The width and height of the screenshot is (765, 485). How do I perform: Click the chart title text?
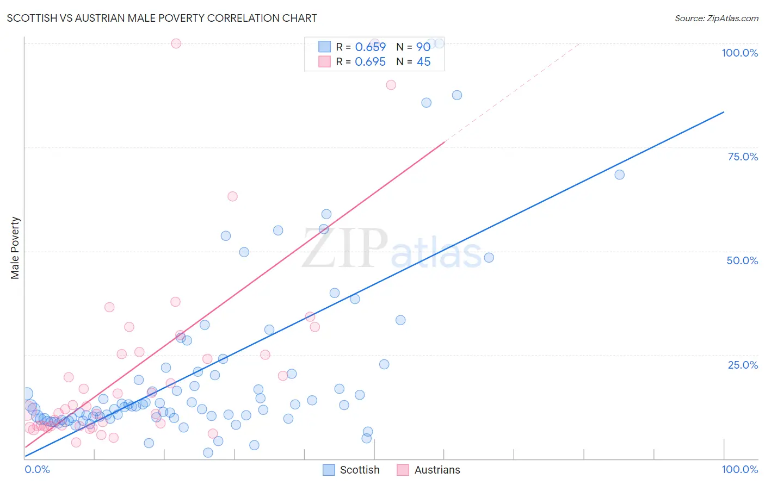[162, 18]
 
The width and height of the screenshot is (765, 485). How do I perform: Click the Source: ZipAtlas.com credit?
[716, 18]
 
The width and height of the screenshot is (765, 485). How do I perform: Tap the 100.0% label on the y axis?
[739, 53]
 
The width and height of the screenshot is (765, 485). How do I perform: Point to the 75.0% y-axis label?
[743, 157]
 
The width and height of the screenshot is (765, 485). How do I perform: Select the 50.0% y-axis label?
[742, 260]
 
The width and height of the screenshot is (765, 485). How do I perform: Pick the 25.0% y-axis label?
[743, 365]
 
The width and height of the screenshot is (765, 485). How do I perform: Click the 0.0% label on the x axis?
[37, 469]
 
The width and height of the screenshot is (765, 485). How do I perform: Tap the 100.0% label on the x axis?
[739, 469]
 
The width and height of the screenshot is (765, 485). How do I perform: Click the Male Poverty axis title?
[15, 248]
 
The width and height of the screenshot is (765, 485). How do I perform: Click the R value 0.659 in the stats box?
[370, 47]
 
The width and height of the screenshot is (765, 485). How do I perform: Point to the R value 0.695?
[370, 62]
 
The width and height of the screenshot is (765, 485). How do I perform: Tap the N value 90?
[423, 47]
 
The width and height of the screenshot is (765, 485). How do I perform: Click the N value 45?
[423, 62]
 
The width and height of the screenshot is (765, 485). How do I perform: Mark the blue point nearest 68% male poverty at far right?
[619, 175]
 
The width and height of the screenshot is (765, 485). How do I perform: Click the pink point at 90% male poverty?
[391, 85]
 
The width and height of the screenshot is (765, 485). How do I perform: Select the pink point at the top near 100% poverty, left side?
[176, 43]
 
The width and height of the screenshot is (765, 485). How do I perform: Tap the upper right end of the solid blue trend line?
[724, 112]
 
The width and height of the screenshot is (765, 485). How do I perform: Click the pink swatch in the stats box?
[324, 61]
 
